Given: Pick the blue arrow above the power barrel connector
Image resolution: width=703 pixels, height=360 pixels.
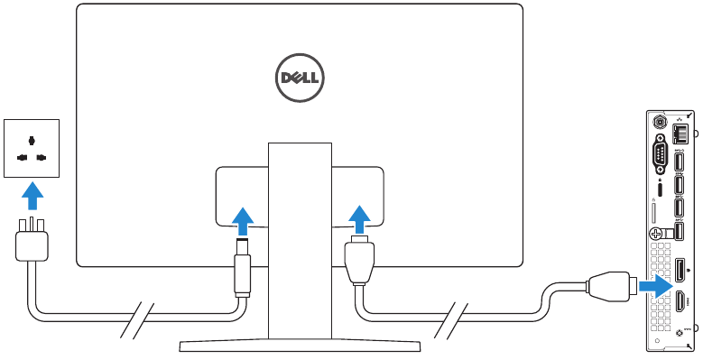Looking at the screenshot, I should (x=241, y=218).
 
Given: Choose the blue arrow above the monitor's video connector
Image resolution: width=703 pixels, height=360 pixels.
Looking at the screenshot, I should (x=358, y=218).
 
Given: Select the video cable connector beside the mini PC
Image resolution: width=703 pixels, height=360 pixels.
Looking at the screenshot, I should (x=613, y=287).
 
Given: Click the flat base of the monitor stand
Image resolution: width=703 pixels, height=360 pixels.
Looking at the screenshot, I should (x=300, y=346).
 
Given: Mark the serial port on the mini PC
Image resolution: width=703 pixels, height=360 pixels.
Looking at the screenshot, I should (x=660, y=154).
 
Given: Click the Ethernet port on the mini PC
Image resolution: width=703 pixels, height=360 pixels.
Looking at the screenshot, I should (x=683, y=133).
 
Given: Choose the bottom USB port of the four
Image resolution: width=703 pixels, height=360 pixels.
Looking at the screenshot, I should (x=682, y=231).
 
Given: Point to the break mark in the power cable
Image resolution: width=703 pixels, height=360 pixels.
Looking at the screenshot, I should (x=138, y=320).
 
